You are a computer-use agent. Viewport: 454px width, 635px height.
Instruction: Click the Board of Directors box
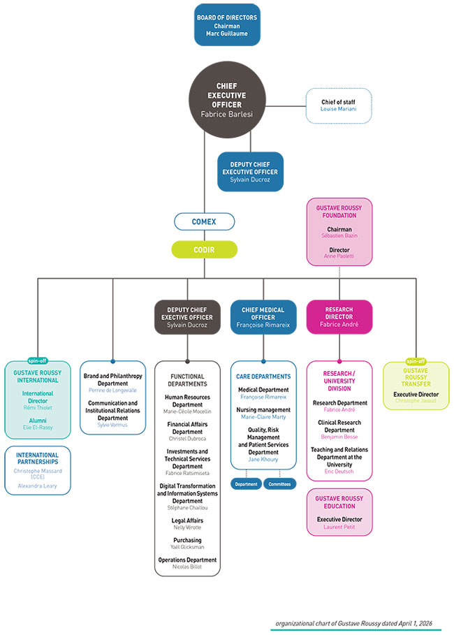click(x=226, y=25)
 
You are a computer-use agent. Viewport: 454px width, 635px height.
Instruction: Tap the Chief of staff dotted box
click(x=338, y=106)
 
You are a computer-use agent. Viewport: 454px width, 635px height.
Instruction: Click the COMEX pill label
click(x=204, y=221)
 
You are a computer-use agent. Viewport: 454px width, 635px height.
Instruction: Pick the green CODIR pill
click(x=204, y=249)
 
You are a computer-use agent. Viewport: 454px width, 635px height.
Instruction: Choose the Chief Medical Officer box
click(x=263, y=316)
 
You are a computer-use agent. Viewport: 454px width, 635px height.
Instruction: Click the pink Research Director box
click(x=339, y=316)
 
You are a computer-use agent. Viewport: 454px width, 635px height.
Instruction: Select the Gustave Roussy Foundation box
click(x=339, y=231)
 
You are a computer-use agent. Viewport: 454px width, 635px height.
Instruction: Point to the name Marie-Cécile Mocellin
click(x=187, y=411)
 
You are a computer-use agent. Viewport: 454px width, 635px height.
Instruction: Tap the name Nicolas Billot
click(x=187, y=567)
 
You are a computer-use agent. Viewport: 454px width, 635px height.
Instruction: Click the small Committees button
click(x=280, y=483)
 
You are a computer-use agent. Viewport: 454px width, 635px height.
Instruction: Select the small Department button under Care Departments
click(x=247, y=483)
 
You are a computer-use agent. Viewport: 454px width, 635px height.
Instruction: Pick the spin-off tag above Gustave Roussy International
click(x=37, y=361)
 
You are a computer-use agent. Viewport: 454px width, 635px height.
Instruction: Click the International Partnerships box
click(x=37, y=470)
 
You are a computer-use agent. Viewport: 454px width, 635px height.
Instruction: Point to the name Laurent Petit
click(x=339, y=527)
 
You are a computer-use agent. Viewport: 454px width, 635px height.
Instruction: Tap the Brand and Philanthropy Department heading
click(x=112, y=379)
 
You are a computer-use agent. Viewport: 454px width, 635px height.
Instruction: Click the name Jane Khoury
click(x=263, y=460)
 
